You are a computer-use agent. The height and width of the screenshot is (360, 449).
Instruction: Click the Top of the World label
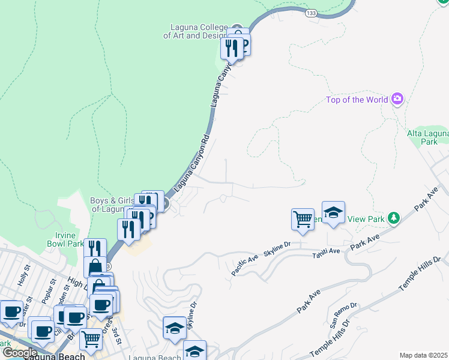(357, 100)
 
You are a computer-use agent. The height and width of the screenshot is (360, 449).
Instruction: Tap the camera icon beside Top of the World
(397, 99)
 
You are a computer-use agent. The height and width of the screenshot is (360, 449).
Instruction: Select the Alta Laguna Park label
(429, 137)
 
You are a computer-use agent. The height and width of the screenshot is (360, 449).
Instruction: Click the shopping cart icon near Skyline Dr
(303, 218)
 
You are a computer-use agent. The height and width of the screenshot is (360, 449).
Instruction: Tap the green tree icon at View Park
(393, 218)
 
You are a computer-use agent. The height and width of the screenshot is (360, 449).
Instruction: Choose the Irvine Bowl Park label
(65, 239)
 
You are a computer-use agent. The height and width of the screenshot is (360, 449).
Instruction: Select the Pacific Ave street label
(245, 265)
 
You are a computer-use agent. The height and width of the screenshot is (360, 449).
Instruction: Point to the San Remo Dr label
(343, 314)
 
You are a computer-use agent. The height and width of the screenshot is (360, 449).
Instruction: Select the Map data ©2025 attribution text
(423, 355)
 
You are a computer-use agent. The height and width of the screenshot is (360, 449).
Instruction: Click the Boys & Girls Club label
(111, 205)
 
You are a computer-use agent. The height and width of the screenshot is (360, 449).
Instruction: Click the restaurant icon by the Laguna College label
(231, 47)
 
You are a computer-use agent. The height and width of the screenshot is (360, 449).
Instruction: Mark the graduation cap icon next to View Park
(333, 212)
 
